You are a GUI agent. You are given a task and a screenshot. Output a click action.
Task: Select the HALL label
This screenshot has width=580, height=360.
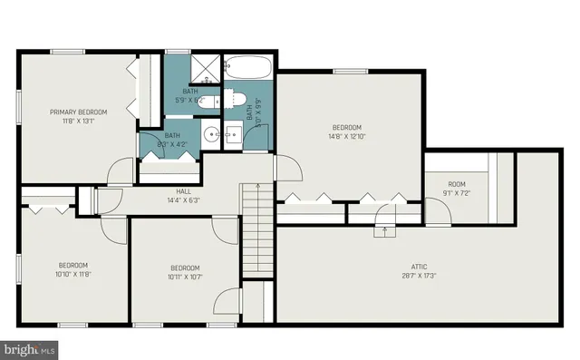[183, 191]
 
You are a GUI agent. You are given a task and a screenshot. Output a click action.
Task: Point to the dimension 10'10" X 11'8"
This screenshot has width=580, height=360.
[73, 273]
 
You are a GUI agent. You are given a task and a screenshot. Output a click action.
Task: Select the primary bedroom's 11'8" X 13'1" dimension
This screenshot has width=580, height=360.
[78, 121]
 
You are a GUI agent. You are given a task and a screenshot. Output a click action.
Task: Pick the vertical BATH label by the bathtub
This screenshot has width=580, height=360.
[249, 112]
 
